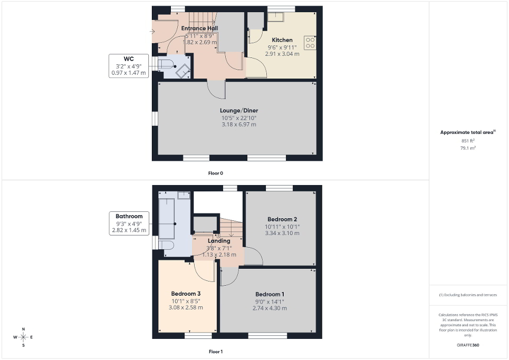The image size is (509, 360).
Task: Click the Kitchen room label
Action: pos(282,40)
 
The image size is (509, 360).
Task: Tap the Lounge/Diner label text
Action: pos(239,111)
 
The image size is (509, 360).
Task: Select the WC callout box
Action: pos(129,66)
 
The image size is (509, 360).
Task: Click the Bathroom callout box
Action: pos(129,223)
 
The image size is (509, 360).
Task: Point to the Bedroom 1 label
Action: pos(267,294)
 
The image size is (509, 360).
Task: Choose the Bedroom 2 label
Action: pos(282,219)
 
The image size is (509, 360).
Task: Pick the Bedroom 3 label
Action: pos(186,294)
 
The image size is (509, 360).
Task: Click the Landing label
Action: pos(219,241)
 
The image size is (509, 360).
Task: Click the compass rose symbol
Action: pos(23,337)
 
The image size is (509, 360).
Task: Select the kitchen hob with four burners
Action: pos(311,42)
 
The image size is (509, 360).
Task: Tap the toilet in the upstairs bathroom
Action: pos(167,245)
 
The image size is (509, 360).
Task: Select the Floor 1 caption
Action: pos(216,351)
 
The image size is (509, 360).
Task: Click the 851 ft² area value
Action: pos(468,141)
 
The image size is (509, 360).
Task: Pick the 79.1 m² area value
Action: pos(468,149)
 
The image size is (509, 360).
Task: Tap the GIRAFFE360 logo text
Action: pos(468,345)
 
